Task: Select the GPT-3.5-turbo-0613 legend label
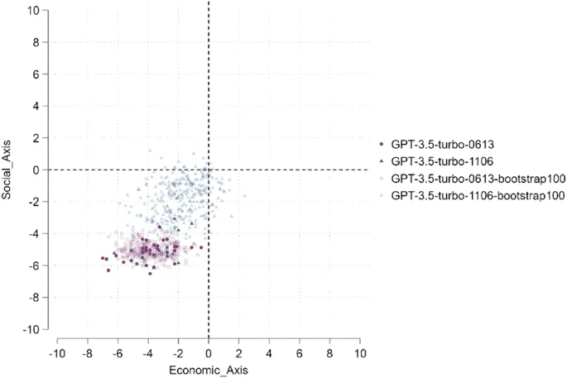438,142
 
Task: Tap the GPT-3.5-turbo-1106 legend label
438,160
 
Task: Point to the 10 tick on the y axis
34,11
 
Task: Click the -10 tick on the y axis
32,329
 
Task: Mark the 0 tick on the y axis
36,170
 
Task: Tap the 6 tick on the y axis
36,74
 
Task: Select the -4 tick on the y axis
34,233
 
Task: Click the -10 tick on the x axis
56,353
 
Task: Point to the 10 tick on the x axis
360,353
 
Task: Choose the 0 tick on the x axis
209,353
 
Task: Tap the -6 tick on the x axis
117,353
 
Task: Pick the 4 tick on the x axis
269,353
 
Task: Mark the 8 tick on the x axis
329,353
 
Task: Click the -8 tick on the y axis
34,297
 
